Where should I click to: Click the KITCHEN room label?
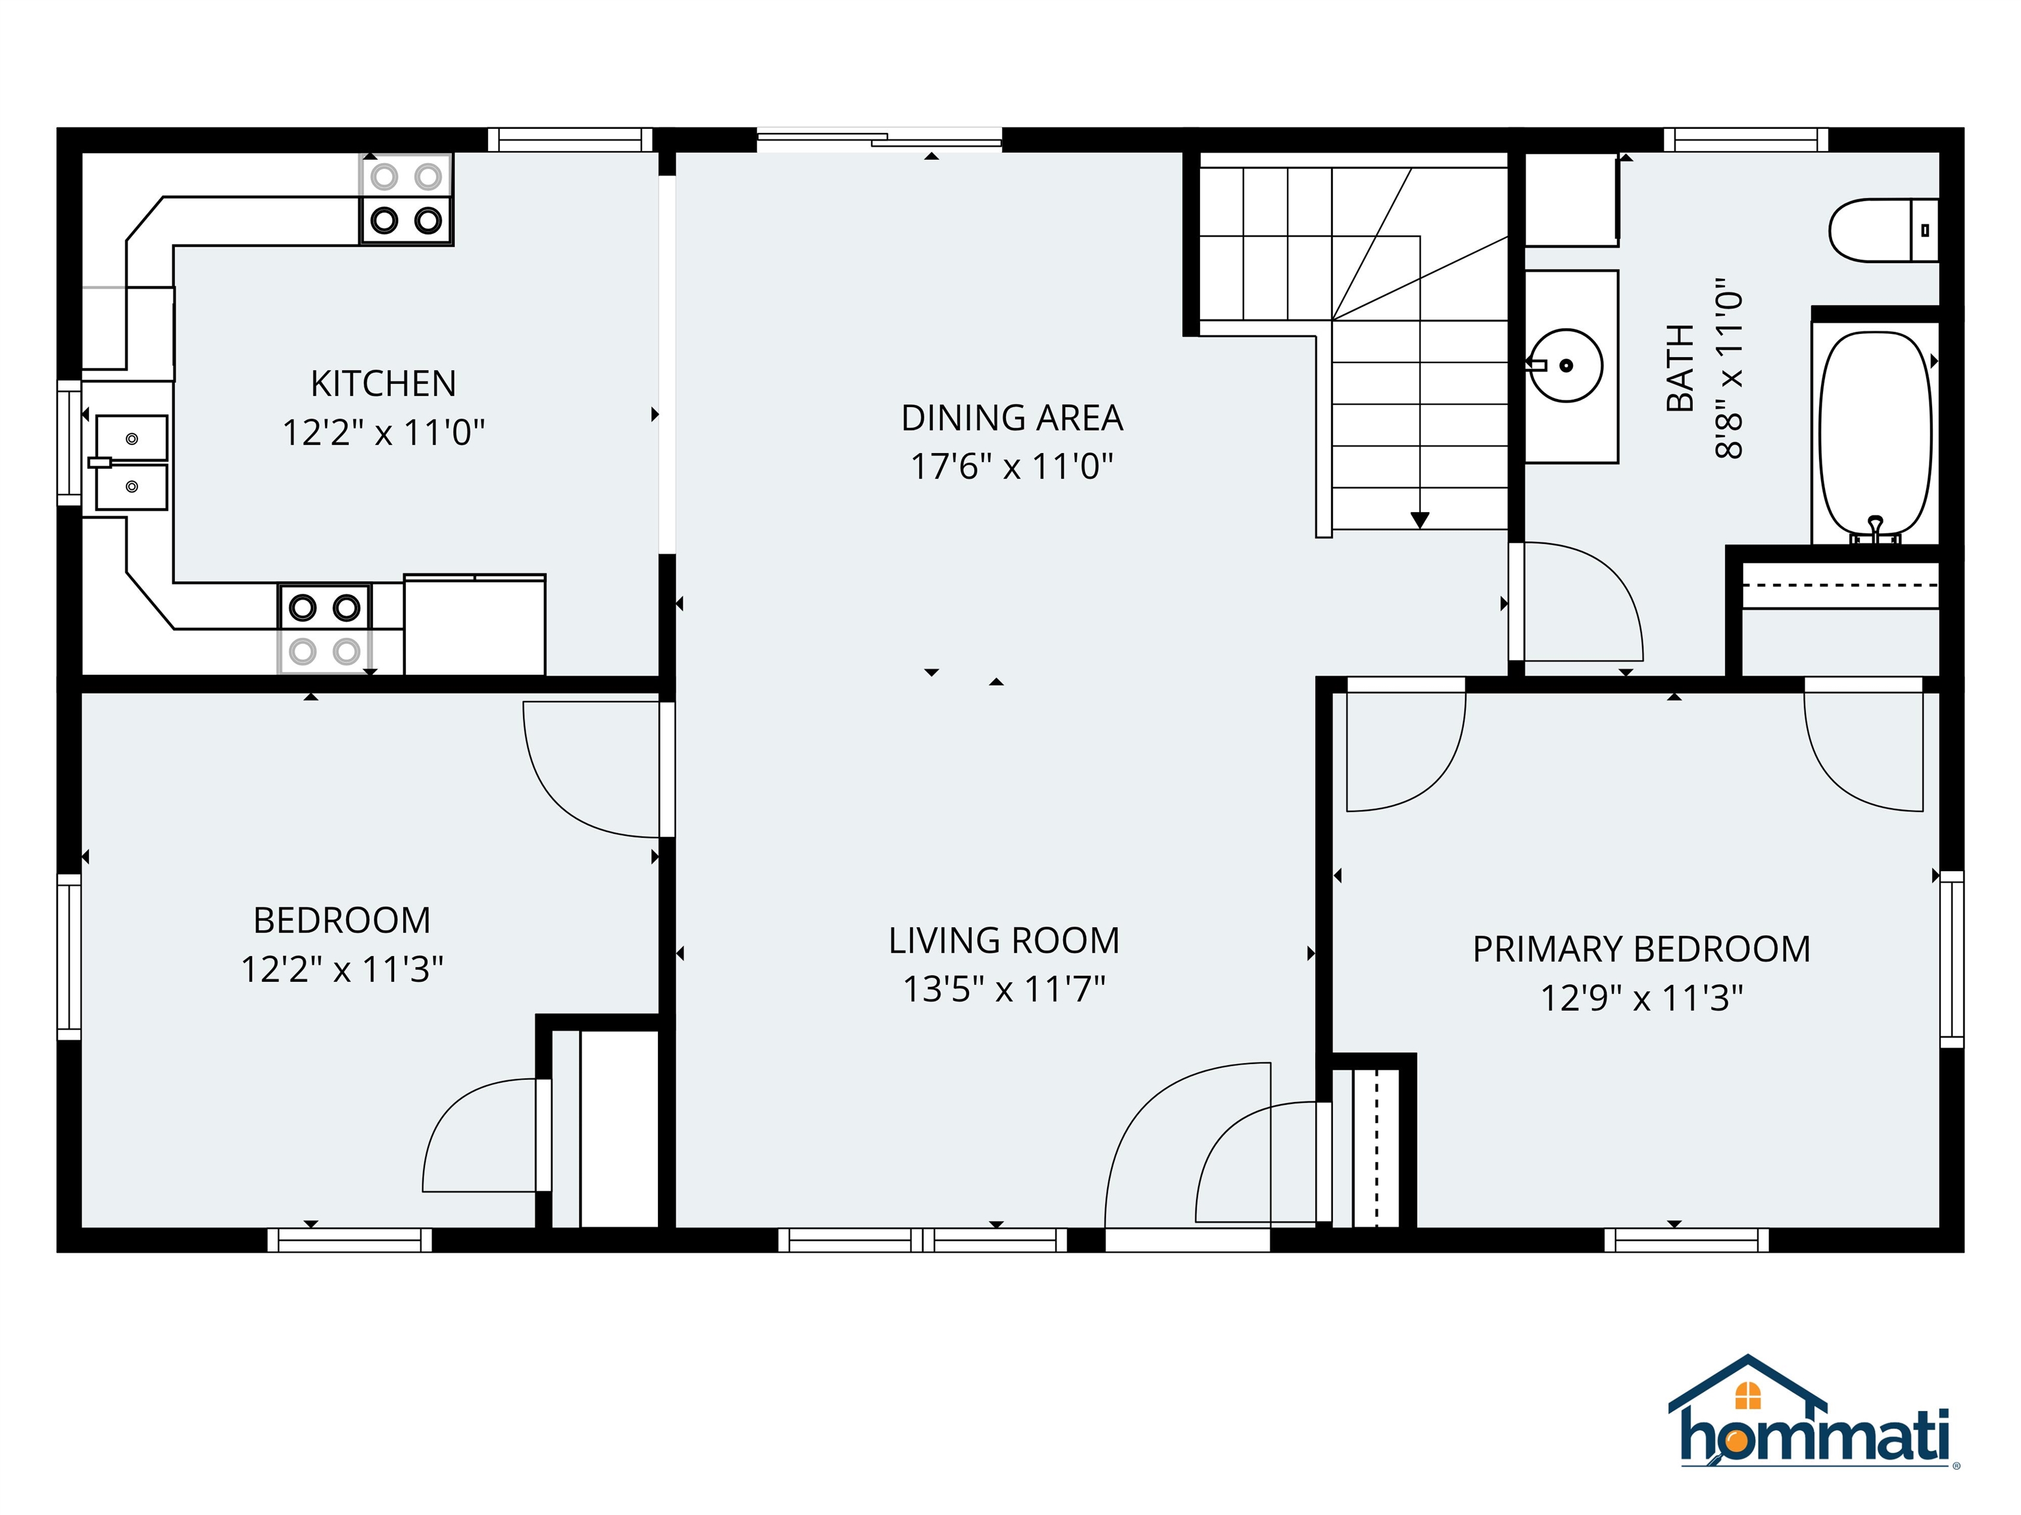383,383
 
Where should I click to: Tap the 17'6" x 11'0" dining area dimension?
1011,467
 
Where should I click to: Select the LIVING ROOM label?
1003,940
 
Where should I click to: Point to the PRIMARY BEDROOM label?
1641,950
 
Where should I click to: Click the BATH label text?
1680,368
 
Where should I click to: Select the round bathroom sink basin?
1566,366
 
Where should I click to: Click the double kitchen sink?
132,462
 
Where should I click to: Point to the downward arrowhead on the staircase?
1419,519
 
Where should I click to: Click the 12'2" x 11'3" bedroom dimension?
341,970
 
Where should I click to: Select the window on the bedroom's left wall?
70,956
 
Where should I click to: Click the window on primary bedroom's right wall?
1951,959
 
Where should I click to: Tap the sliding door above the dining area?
879,139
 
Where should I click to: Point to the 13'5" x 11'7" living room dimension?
1003,990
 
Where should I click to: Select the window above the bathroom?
1745,139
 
